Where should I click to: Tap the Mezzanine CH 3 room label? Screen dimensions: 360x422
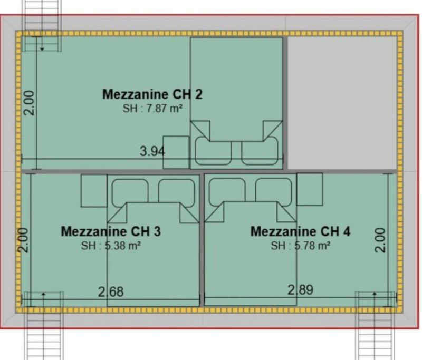tap(110, 231)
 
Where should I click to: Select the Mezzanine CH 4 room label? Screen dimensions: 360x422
tap(300, 231)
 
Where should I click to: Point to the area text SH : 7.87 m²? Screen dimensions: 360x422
tap(152, 109)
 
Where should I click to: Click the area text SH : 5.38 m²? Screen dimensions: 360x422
tap(110, 246)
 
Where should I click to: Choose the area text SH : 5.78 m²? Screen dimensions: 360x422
tap(301, 246)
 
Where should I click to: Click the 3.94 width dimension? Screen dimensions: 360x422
tap(152, 152)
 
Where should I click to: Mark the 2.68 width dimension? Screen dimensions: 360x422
tap(111, 291)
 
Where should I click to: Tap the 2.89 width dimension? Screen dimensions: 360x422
tap(300, 289)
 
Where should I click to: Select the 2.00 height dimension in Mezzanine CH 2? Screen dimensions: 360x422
tap(31, 102)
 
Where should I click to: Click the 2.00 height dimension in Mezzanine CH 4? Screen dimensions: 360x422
tap(381, 240)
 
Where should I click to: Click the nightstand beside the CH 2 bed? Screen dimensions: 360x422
tap(176, 152)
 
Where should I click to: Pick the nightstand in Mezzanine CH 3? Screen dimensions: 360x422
tap(94, 190)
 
